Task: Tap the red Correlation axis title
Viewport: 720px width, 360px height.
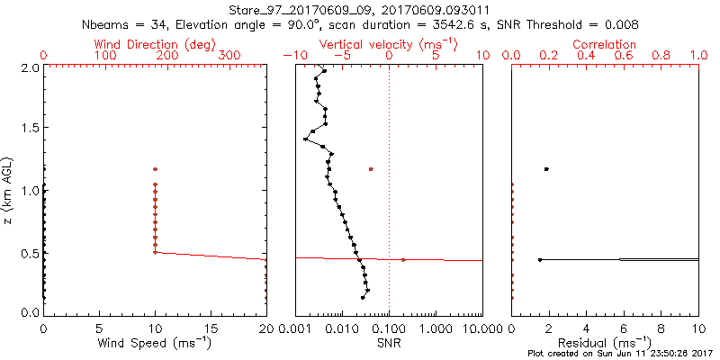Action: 605,44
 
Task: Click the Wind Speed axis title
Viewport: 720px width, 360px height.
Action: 156,343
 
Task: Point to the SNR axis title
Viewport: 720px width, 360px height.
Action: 389,343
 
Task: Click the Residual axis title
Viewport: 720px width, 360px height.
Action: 605,343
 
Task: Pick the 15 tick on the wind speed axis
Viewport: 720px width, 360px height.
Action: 211,329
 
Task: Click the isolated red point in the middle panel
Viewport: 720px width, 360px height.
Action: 371,169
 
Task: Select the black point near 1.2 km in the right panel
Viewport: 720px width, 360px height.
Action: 545,169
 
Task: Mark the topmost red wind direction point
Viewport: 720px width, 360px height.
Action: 155,169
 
